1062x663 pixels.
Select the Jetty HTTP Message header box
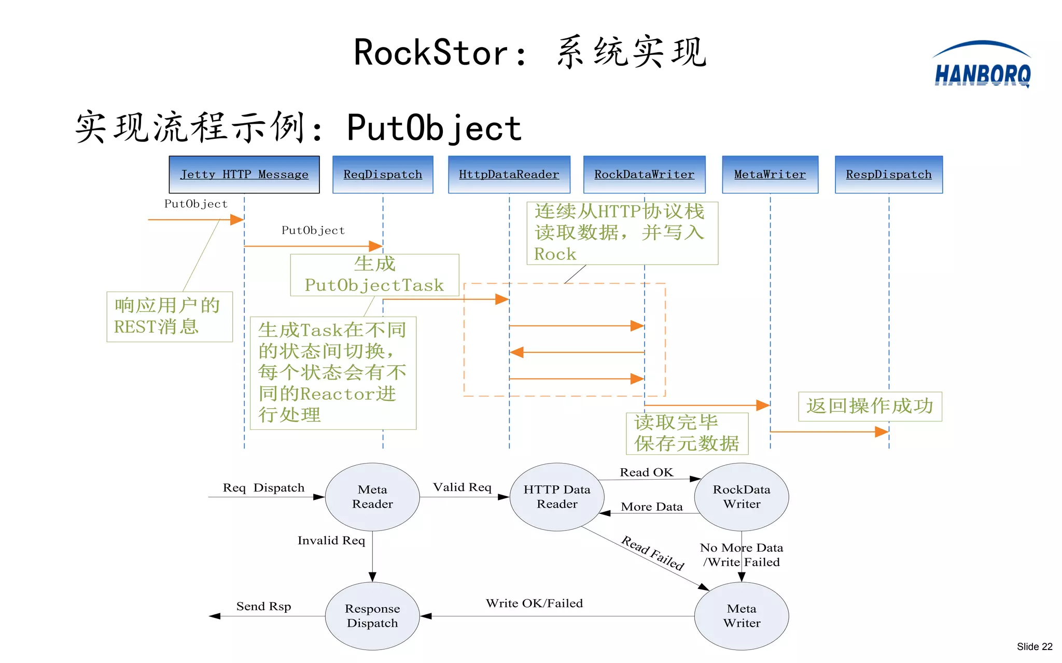point(244,175)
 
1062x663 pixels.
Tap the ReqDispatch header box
point(383,175)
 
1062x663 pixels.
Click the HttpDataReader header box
point(509,175)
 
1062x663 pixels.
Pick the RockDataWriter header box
point(644,175)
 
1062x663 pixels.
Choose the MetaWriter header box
point(770,175)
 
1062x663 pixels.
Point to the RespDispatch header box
point(888,175)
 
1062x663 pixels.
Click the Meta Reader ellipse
point(372,497)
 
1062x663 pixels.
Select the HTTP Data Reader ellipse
point(557,497)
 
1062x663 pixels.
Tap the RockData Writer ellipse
point(742,497)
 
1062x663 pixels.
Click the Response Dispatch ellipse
point(372,616)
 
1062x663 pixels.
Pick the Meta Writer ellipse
point(742,616)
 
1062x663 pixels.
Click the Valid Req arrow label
point(462,487)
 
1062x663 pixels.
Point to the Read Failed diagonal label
point(653,553)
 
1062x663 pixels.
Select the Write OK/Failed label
point(534,603)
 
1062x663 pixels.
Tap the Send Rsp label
point(263,607)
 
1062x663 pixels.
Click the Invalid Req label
point(331,541)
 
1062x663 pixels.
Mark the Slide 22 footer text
point(1034,646)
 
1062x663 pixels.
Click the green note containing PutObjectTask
point(374,275)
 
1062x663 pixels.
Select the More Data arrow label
point(652,507)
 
